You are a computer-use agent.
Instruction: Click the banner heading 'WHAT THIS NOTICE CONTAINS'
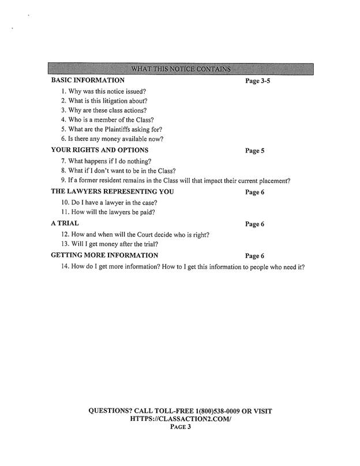[181, 70]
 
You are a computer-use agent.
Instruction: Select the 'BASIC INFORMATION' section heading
[88, 80]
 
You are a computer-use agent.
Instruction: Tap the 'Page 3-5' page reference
[257, 81]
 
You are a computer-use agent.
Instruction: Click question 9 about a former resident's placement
[175, 181]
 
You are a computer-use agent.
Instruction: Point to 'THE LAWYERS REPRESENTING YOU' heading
[112, 192]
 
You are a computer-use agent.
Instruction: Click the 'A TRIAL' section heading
[65, 223]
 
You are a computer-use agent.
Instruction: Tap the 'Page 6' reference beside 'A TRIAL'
[254, 223]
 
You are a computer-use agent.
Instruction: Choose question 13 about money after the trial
[106, 244]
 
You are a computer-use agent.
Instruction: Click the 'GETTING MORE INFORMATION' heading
[104, 255]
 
